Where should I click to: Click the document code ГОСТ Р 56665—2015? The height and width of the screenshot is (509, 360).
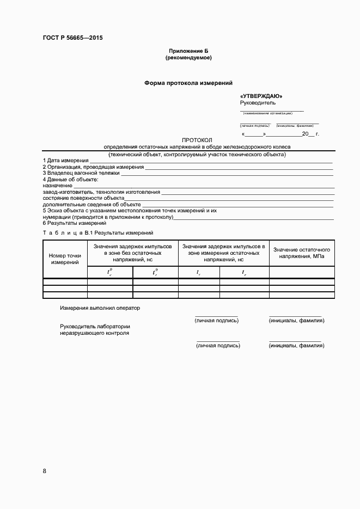72,38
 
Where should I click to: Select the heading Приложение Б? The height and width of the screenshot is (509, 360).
188,51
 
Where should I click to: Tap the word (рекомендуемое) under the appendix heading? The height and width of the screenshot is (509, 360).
188,57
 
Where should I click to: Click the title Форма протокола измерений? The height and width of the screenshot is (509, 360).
188,83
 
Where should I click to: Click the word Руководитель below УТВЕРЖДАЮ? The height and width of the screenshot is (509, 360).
258,102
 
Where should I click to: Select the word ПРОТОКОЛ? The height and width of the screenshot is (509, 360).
197,140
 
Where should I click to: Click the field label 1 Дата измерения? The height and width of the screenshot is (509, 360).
65,161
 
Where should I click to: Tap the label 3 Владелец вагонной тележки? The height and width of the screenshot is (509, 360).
81,173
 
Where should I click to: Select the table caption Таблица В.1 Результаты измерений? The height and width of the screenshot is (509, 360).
98,233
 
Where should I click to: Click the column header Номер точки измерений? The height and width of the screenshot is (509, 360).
65,259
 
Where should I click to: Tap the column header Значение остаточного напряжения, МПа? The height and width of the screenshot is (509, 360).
302,253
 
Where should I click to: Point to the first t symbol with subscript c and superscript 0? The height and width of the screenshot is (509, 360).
109,272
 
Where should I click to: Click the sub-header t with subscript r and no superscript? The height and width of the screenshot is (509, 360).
244,273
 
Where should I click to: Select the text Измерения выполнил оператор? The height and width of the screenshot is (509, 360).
100,308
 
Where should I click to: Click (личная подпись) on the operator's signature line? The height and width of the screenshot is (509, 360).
216,321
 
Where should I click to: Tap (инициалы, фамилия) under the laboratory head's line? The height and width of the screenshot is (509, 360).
296,346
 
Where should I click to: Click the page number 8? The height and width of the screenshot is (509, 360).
45,471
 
